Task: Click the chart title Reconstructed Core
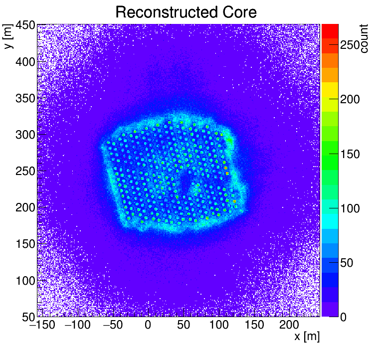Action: click(186, 12)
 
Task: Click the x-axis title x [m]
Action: click(306, 337)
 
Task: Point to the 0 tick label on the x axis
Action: click(148, 325)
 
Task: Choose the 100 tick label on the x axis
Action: click(218, 325)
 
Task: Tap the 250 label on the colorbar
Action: click(350, 45)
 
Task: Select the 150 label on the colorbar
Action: click(350, 154)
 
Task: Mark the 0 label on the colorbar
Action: click(343, 317)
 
